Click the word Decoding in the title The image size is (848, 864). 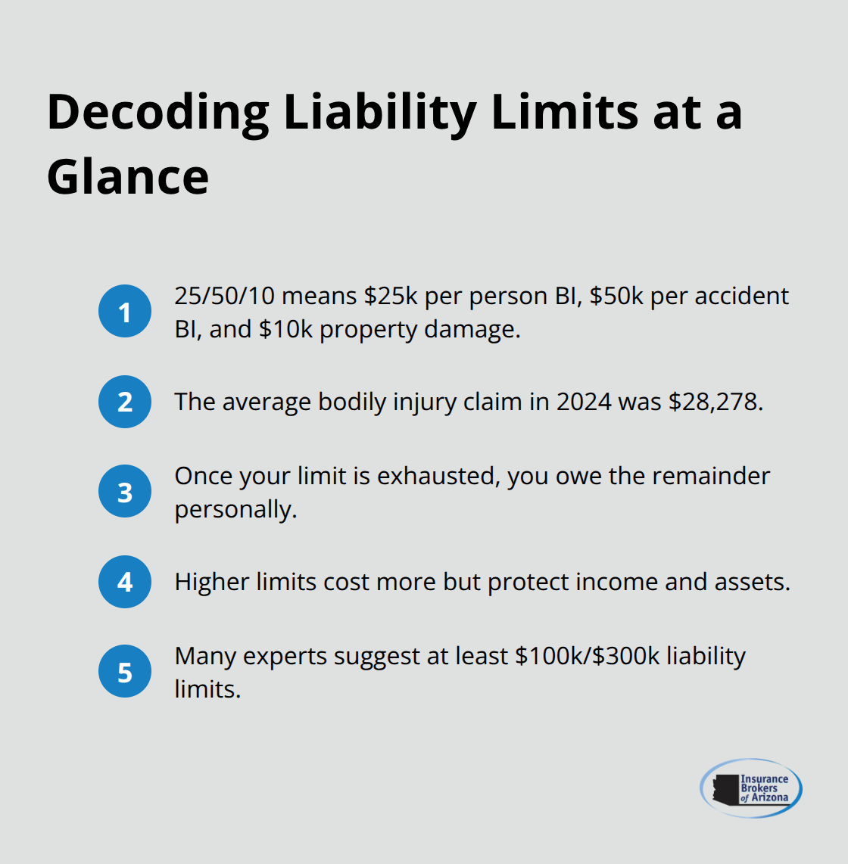tap(157, 113)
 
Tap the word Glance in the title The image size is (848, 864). tap(127, 178)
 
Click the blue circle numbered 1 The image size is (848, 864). tap(125, 311)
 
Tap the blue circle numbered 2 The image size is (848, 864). tap(125, 402)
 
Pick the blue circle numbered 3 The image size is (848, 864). tap(125, 492)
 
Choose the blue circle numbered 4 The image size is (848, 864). tap(125, 582)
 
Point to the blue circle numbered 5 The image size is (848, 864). tap(125, 672)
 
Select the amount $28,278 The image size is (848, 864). tap(715, 402)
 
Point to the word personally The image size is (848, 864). tap(235, 509)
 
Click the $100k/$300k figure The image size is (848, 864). tap(588, 656)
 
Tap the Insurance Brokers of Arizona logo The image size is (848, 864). tap(750, 788)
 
